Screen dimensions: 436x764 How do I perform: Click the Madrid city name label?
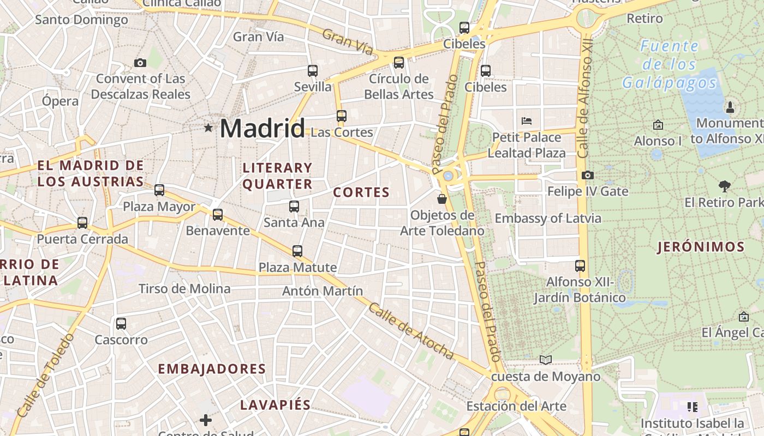tap(262, 129)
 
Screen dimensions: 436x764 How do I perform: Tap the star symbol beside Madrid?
tap(208, 128)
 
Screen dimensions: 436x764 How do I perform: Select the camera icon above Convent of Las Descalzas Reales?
tap(140, 63)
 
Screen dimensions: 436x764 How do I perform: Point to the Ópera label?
tap(60, 101)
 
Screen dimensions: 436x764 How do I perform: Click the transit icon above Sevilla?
tap(312, 71)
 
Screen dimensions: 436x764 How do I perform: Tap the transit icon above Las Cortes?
tap(341, 116)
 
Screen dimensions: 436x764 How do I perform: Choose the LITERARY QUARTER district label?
tap(277, 176)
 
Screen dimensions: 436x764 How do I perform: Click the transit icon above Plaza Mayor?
tap(159, 190)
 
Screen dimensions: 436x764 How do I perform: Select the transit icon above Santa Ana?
tap(294, 207)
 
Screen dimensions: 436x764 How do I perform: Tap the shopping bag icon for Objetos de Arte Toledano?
tap(442, 199)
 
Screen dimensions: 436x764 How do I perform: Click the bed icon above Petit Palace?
tap(526, 120)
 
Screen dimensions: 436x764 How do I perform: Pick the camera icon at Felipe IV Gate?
tap(587, 175)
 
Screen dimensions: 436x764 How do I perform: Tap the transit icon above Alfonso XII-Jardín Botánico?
tap(580, 266)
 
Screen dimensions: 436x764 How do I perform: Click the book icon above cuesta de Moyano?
tap(545, 360)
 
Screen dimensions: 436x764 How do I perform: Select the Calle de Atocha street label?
tap(411, 331)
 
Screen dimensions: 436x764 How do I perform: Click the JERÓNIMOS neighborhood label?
tap(701, 247)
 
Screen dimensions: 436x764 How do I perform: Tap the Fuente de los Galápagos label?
tap(669, 64)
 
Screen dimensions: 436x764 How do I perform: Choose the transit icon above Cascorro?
tap(121, 324)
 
